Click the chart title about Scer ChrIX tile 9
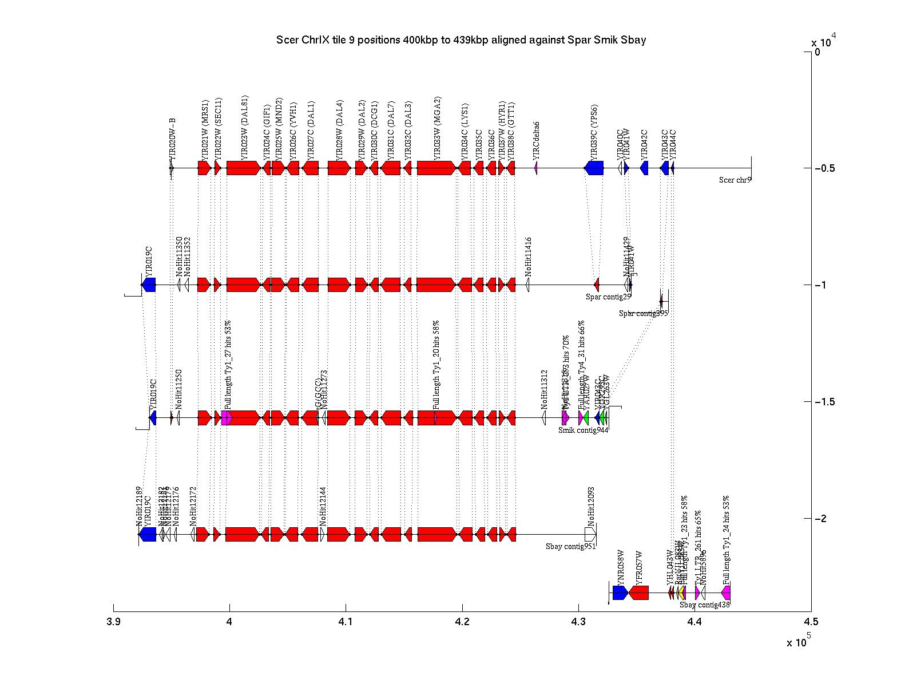(x=461, y=40)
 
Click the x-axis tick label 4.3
(x=578, y=622)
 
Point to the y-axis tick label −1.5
(x=824, y=402)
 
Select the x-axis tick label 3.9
(x=113, y=622)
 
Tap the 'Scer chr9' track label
(x=735, y=180)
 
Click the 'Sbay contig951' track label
(x=570, y=547)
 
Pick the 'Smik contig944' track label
(x=583, y=431)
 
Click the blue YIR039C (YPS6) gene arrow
(x=594, y=168)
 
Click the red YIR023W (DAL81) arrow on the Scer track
(x=243, y=168)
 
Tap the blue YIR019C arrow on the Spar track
(x=149, y=285)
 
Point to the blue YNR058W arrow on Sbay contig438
(x=620, y=593)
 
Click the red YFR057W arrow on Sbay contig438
(x=639, y=593)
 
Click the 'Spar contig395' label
(x=643, y=314)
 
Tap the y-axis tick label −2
(x=824, y=519)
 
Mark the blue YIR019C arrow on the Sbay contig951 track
(x=148, y=534)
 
